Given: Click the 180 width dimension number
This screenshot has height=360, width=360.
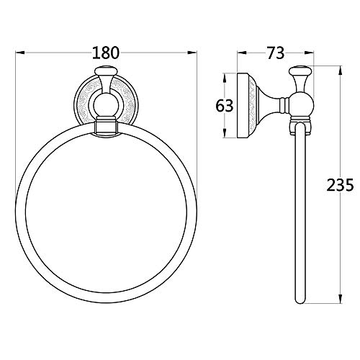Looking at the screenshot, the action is (x=106, y=53).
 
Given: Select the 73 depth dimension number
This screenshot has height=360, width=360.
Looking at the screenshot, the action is (x=276, y=53).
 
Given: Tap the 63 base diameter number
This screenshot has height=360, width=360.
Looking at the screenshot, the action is (x=225, y=106).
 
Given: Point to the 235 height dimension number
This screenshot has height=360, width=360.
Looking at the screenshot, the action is (x=340, y=185).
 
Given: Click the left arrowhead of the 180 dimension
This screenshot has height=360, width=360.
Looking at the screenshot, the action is (x=20, y=53).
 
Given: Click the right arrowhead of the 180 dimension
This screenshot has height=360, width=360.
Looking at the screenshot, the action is (x=192, y=53).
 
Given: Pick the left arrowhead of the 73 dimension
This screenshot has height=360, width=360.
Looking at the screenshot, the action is (x=242, y=53).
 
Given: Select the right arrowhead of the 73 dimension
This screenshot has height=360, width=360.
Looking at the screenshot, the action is (x=309, y=53).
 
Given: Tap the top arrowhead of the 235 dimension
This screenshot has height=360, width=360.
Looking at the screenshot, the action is (x=340, y=71).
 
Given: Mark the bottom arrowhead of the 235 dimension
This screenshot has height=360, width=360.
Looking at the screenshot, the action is (x=340, y=299).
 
